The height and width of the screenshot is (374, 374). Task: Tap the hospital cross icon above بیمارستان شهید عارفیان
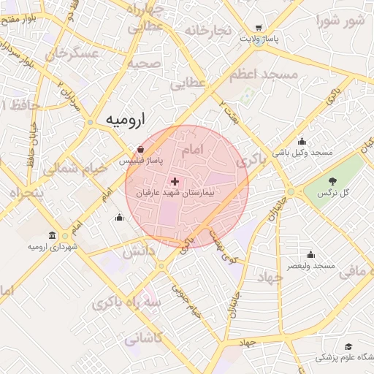click(175, 181)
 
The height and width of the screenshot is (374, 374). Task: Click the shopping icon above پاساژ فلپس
click(140, 149)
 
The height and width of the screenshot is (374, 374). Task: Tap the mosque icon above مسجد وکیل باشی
click(302, 142)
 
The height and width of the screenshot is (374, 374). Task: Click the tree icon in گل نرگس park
click(333, 180)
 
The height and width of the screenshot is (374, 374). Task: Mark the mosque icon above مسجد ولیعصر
click(310, 254)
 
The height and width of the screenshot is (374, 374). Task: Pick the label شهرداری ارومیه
click(52, 247)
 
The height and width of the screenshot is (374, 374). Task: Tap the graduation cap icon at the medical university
click(348, 346)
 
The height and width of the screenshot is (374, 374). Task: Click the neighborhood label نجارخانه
click(208, 30)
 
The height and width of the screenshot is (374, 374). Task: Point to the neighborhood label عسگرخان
click(72, 53)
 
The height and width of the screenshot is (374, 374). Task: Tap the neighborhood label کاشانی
click(144, 339)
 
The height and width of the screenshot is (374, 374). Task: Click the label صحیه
click(143, 63)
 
